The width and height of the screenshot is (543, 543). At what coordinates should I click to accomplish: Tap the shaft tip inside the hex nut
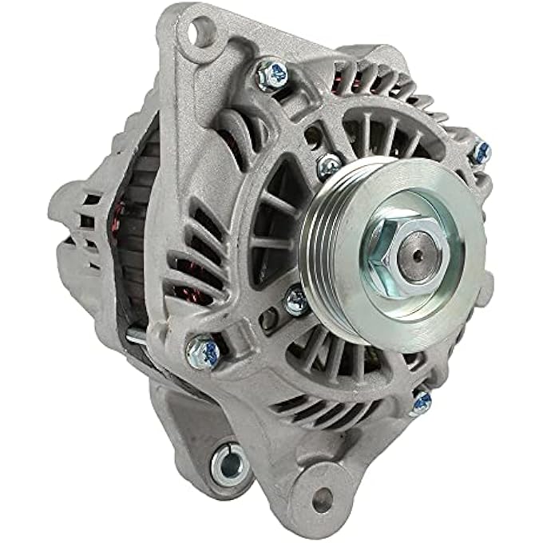[415, 256]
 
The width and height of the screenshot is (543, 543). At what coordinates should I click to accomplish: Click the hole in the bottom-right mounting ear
[322, 500]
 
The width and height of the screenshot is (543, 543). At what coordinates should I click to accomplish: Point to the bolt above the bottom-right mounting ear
[420, 402]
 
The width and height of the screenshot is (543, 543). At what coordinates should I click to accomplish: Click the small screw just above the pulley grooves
[327, 166]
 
